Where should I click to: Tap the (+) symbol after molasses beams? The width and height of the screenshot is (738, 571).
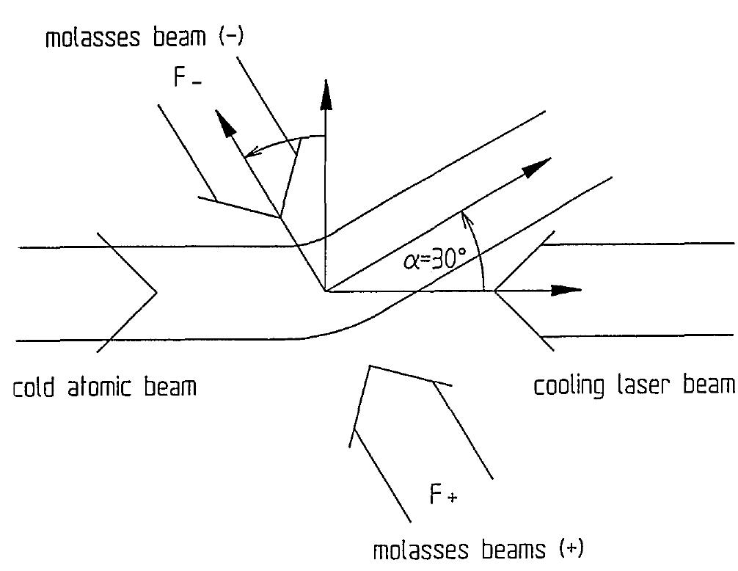click(x=570, y=548)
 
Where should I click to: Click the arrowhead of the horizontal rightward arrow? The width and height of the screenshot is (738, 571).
click(x=569, y=291)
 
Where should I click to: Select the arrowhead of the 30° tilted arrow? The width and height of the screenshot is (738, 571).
click(x=539, y=166)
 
